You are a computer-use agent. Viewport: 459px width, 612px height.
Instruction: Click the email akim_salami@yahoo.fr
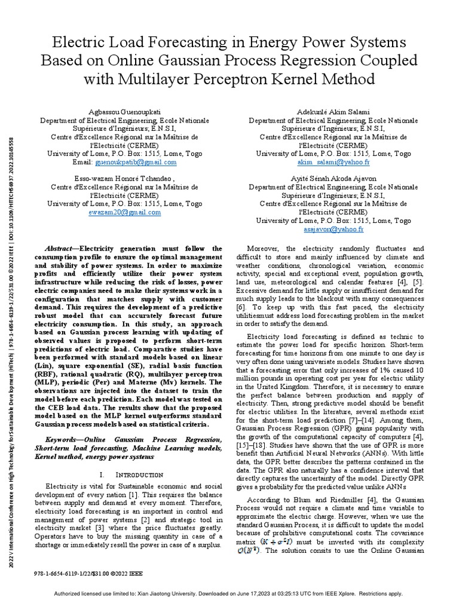coord(333,162)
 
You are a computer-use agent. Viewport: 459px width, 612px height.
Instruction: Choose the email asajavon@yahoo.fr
coord(333,229)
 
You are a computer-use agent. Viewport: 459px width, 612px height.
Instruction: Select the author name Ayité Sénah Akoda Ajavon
coord(333,179)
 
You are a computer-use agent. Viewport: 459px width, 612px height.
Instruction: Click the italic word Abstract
coord(60,248)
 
